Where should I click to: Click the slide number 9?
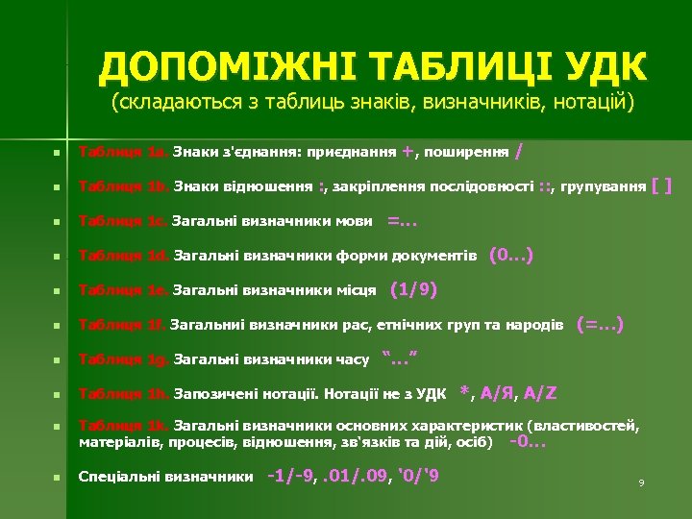(x=641, y=482)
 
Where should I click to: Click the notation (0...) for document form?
(x=510, y=256)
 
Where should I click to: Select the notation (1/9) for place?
(x=414, y=290)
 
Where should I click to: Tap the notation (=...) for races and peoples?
(x=600, y=325)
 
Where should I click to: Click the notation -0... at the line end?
(x=527, y=442)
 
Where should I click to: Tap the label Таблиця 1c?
(x=123, y=222)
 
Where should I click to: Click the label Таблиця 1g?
(x=123, y=360)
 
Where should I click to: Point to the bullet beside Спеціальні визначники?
(x=59, y=477)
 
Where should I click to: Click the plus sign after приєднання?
(x=408, y=151)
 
